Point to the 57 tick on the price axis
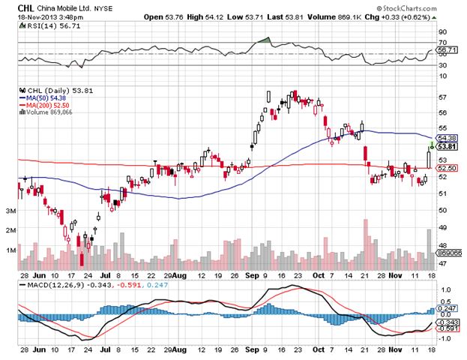coord(442,97)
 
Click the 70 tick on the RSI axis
coord(442,42)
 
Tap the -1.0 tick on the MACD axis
coord(444,338)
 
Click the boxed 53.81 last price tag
coord(447,146)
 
